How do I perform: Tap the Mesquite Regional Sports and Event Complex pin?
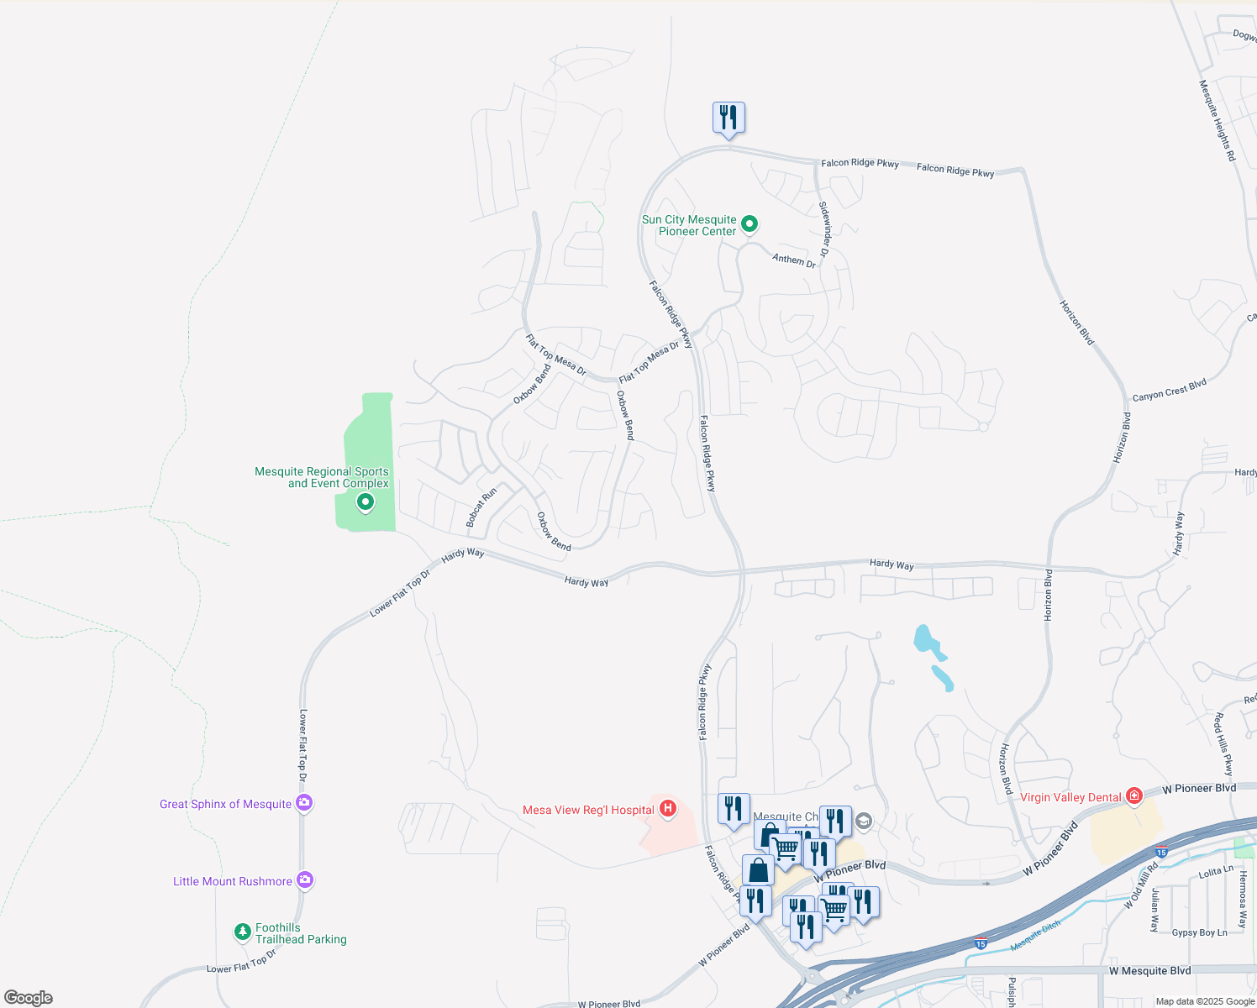click(366, 503)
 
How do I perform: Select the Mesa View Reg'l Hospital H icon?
click(668, 809)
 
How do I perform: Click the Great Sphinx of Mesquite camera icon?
click(304, 803)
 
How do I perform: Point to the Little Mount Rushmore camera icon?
click(305, 880)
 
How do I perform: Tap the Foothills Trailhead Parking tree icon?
click(243, 932)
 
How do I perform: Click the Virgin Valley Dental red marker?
click(1134, 795)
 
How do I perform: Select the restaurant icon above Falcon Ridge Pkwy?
click(728, 118)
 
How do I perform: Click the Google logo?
click(29, 998)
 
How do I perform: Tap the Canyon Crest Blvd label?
click(1169, 390)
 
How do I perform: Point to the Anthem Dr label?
click(794, 260)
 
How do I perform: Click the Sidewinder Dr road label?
click(825, 228)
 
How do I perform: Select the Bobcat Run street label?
click(481, 507)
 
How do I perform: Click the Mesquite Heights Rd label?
click(1218, 120)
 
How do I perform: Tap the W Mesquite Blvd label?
click(1149, 971)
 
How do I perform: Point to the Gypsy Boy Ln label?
click(1199, 932)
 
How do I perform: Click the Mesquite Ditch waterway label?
click(1035, 935)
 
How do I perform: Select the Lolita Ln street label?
click(1216, 873)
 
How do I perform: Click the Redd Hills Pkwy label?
click(1223, 744)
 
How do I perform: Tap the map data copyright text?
click(1205, 1001)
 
